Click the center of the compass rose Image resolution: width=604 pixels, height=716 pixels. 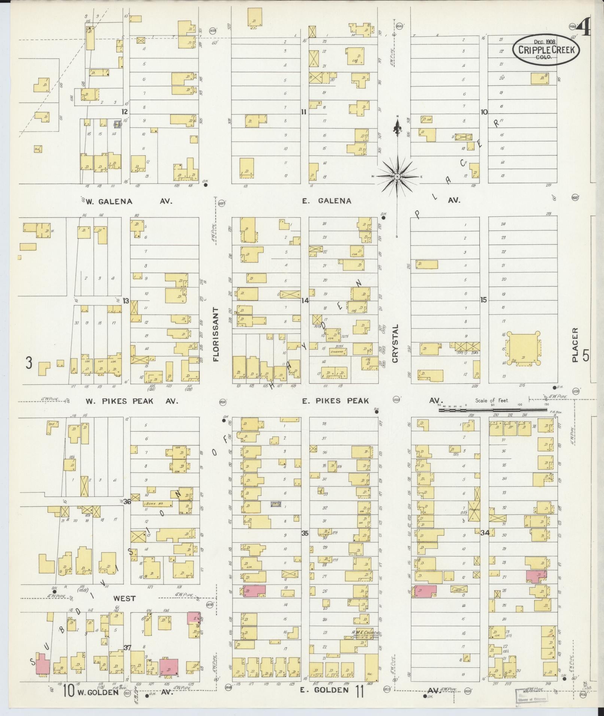pos(397,176)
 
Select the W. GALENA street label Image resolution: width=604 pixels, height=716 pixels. pos(109,201)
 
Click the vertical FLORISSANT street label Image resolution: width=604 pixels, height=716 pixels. pos(216,334)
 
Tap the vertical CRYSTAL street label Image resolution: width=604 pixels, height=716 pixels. pos(395,343)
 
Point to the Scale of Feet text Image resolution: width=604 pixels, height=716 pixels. pos(492,400)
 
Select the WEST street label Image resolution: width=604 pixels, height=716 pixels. pos(125,598)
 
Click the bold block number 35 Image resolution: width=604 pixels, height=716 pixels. pos(305,533)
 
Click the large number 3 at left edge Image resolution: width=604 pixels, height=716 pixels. pos(28,363)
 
